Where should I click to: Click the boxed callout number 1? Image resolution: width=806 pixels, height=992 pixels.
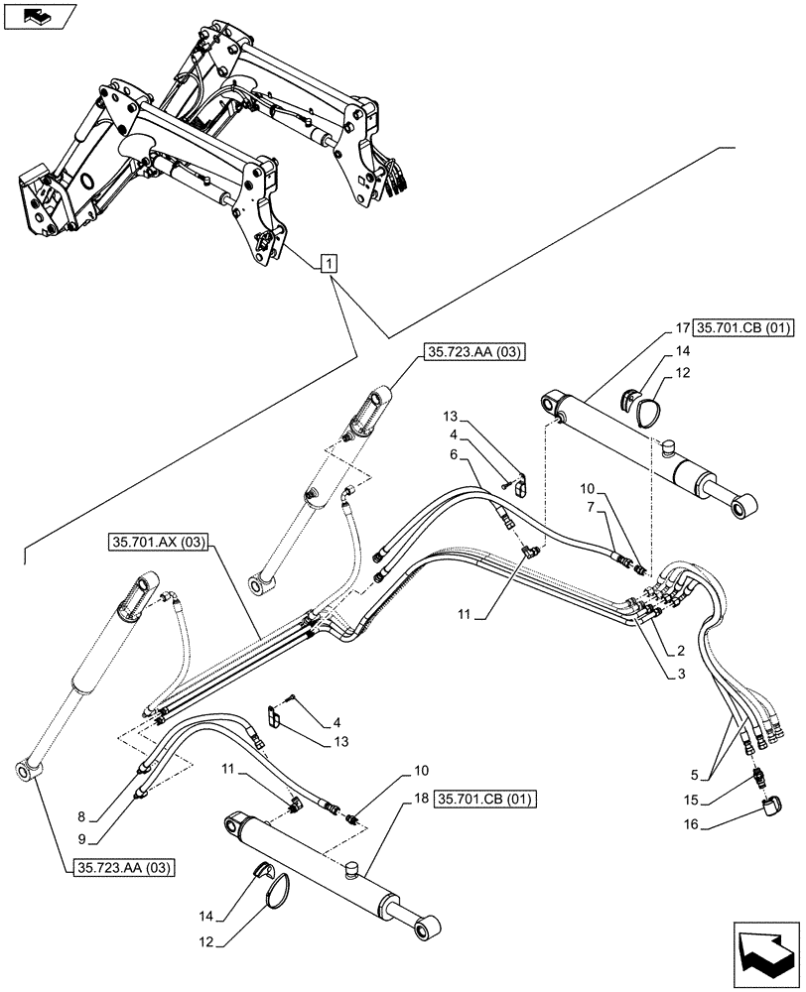point(330,263)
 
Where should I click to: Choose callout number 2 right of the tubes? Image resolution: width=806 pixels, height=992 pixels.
point(680,651)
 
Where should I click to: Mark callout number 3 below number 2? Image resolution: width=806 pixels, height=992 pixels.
point(680,675)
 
